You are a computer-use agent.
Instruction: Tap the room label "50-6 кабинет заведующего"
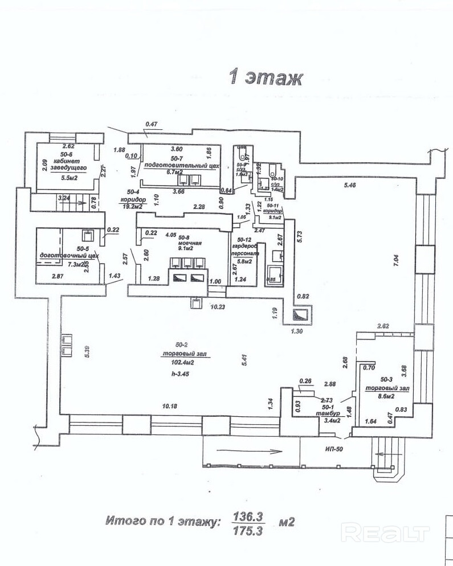click(66, 162)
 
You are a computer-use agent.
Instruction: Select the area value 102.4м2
click(183, 362)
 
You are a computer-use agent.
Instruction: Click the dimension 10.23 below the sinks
click(218, 307)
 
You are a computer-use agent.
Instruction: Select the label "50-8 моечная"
click(187, 243)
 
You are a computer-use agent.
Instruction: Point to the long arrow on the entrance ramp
click(249, 452)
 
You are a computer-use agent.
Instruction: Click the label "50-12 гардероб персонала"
click(246, 251)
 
